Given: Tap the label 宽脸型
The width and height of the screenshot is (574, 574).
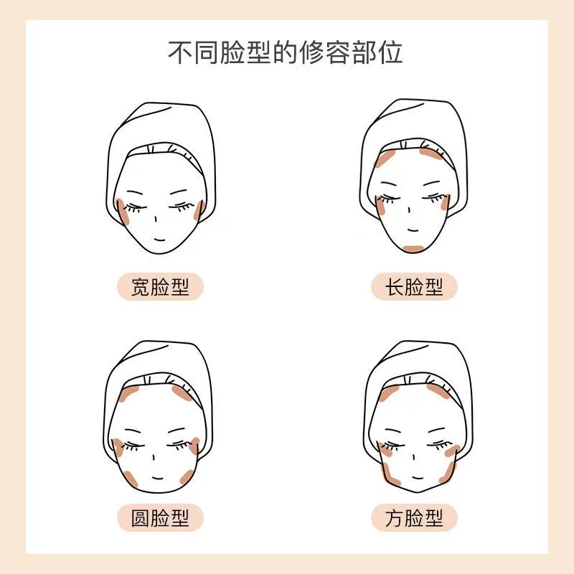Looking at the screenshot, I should click(x=161, y=288).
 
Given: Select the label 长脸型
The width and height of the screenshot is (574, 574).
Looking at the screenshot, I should click(x=414, y=288).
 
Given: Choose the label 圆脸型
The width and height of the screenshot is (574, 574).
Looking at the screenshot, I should click(x=161, y=517).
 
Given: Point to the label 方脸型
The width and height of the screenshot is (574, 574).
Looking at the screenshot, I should click(x=414, y=517).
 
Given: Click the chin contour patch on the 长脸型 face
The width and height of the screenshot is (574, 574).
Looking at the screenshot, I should click(x=414, y=248).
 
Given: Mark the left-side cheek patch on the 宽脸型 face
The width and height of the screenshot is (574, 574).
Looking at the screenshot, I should click(x=122, y=212).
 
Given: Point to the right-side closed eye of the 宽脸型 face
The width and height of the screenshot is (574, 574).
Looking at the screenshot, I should click(x=184, y=205).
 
